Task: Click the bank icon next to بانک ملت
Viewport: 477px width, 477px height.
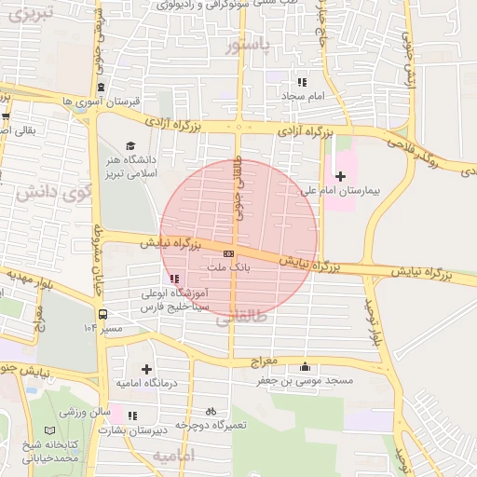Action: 229,253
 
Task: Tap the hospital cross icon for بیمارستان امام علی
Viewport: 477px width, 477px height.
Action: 341,175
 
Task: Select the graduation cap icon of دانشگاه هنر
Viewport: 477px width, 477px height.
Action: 130,145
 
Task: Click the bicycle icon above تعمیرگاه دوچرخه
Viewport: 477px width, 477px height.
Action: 211,411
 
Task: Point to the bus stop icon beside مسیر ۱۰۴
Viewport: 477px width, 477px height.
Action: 102,314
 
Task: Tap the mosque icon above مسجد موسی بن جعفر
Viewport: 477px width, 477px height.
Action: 306,366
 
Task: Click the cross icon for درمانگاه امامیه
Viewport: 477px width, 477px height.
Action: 146,370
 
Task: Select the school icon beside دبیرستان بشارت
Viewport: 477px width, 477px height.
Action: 133,415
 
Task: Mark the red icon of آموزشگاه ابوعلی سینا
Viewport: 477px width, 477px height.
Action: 174,278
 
